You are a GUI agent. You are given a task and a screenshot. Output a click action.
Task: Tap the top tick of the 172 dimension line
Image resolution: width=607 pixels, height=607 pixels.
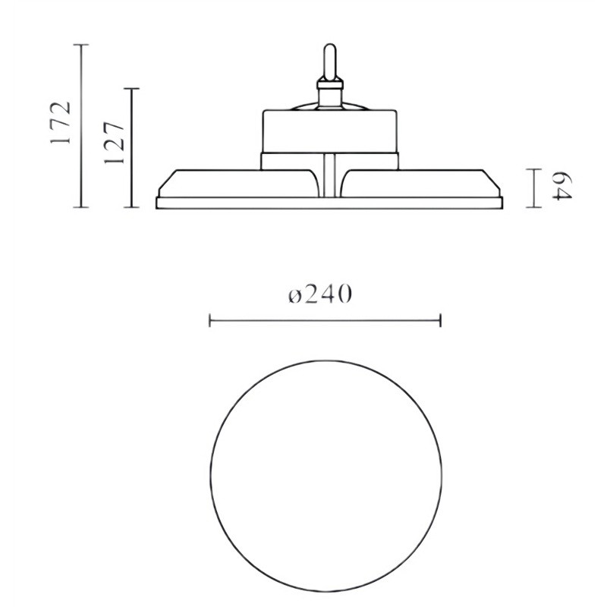81,46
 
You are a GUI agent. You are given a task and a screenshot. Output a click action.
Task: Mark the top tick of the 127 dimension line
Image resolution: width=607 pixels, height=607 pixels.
132,89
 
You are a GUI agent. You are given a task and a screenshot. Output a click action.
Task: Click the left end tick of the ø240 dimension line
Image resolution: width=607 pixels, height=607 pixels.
210,322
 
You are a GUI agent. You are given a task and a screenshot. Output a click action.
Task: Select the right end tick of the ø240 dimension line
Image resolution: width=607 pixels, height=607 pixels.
441,322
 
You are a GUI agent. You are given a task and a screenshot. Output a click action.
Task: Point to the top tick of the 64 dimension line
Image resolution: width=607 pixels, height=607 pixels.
536,169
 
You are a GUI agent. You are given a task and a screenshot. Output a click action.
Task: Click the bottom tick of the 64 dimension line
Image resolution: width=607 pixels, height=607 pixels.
536,206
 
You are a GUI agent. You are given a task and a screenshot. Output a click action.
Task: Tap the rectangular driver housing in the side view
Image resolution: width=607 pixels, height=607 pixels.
329,131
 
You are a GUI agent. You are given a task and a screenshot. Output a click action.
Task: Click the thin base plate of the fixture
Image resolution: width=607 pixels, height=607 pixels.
328,203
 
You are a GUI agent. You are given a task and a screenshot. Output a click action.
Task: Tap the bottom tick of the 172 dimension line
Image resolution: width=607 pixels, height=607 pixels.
81,206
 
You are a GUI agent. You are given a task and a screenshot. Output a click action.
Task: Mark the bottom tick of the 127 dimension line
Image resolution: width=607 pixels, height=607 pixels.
132,206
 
